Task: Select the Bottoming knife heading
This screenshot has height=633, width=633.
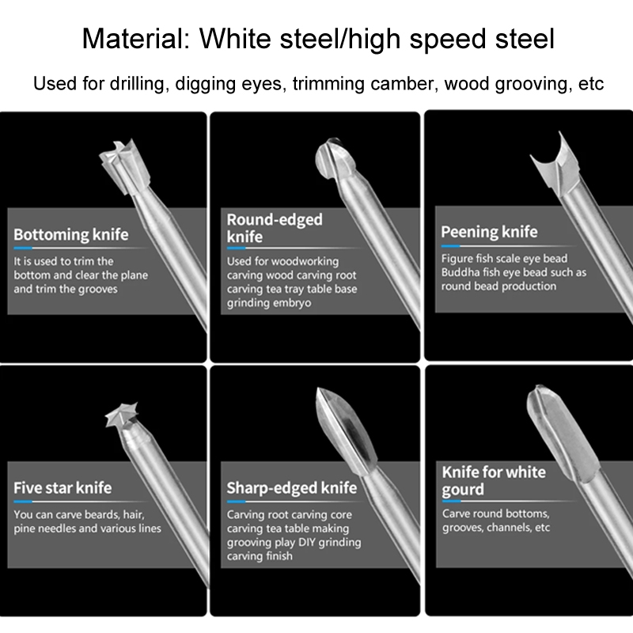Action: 71,234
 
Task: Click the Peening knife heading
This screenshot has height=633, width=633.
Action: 489,232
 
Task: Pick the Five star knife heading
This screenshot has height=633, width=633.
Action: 63,487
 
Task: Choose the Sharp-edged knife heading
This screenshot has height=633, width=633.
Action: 292,488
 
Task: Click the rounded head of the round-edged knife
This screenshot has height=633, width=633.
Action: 335,161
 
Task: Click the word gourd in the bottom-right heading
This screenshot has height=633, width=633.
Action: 463,490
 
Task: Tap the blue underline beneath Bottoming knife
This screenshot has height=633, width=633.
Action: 23,248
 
